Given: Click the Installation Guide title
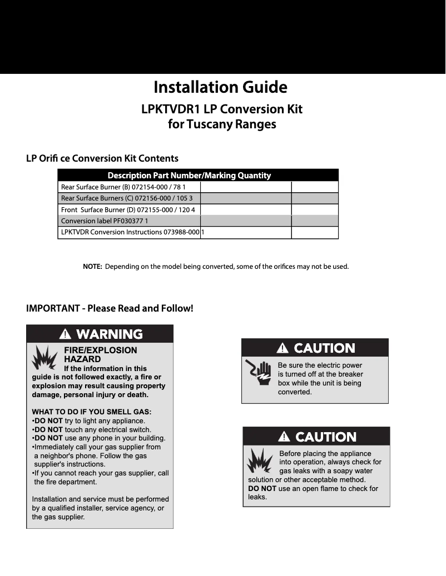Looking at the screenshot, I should tap(220, 87).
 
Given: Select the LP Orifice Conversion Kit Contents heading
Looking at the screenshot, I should tap(102, 158).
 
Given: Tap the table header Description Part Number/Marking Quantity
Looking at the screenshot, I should tap(189, 176).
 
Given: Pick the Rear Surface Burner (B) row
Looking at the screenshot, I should tap(123, 187).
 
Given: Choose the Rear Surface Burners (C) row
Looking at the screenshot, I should tap(127, 198).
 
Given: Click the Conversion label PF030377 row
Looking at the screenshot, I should tap(104, 221).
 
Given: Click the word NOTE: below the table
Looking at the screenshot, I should tap(92, 267).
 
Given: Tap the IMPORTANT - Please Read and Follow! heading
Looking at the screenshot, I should tap(110, 308).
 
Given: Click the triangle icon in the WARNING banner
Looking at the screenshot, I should tap(66, 334).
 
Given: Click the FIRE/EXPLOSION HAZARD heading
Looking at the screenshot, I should tap(100, 355).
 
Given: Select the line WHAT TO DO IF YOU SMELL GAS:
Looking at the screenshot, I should tap(92, 412).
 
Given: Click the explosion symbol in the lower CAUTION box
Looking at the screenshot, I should tap(260, 462).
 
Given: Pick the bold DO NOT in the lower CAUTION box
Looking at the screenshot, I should tap(262, 489).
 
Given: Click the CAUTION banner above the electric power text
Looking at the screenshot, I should tap(315, 348).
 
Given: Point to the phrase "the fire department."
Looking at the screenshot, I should tap(66, 482).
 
